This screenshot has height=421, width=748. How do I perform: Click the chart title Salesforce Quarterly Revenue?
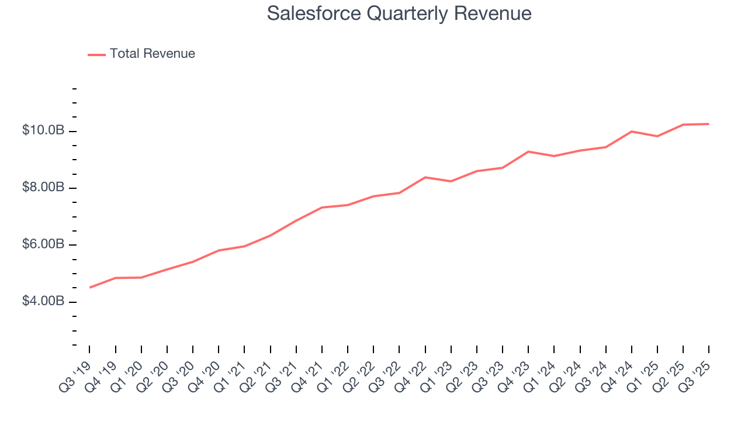(x=399, y=13)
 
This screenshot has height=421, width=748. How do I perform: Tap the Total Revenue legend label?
(x=152, y=54)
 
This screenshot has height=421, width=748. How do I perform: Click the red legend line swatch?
(x=96, y=54)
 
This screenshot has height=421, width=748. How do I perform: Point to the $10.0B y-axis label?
(x=43, y=130)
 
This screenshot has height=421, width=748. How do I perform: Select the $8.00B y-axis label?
(x=43, y=188)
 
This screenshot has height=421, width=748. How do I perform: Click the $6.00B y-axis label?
(x=43, y=244)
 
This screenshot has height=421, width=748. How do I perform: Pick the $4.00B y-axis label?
(x=43, y=301)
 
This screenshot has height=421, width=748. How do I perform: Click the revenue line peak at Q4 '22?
(x=425, y=177)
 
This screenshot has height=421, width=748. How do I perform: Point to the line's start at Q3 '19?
(x=89, y=288)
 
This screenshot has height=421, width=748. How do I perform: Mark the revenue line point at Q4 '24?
(x=632, y=132)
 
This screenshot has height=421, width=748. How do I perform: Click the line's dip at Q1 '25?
(x=657, y=136)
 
